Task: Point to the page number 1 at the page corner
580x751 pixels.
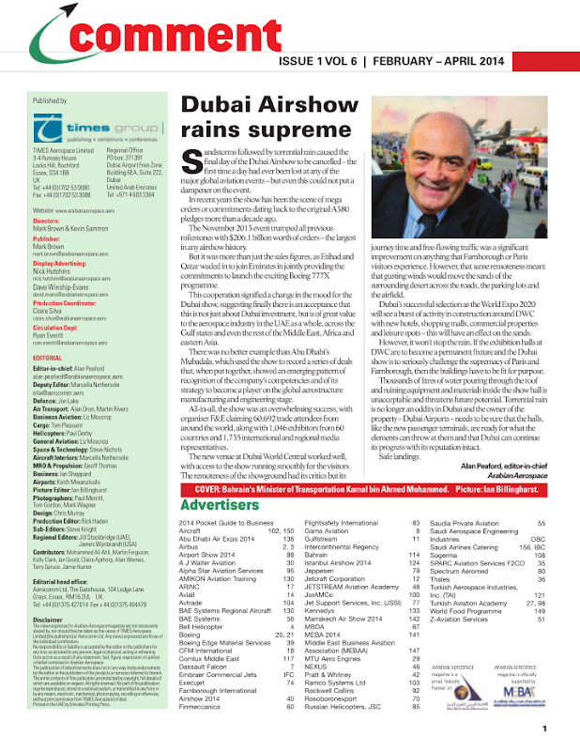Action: click(x=557, y=728)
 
